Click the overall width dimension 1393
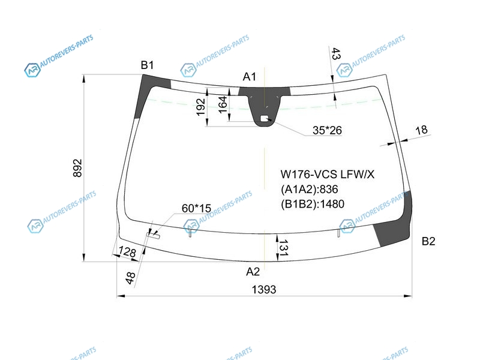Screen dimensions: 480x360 click(x=264, y=289)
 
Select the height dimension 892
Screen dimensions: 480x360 click(x=78, y=168)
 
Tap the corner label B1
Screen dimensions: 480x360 click(x=147, y=65)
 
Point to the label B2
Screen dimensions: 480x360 click(x=428, y=241)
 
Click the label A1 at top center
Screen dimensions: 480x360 click(x=249, y=77)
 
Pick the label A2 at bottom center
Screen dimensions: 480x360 click(x=253, y=272)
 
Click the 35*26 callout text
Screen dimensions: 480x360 click(x=327, y=130)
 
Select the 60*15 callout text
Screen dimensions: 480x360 click(x=196, y=208)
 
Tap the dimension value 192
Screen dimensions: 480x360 click(x=200, y=107)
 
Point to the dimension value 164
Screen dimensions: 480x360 click(x=223, y=104)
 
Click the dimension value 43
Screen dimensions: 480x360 click(x=336, y=54)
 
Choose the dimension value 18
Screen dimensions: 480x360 click(x=421, y=130)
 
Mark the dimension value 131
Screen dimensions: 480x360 click(x=283, y=248)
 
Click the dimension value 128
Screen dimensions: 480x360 click(x=127, y=252)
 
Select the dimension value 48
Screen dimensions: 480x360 click(x=130, y=278)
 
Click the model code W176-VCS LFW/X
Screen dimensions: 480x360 click(x=327, y=174)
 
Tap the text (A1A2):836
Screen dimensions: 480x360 click(x=309, y=189)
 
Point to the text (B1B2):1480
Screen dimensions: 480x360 click(x=313, y=204)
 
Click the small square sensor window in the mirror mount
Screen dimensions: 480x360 click(x=265, y=118)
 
